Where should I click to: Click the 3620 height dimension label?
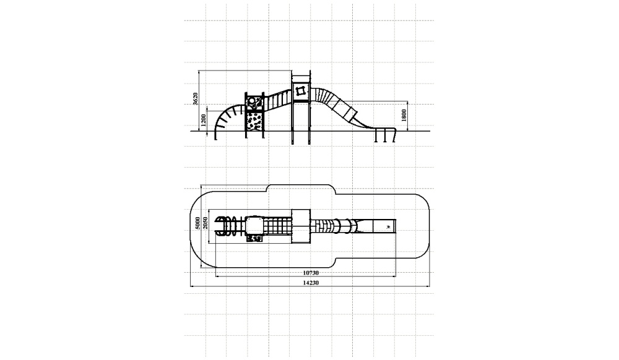(x=195, y=99)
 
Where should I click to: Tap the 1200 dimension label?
(x=203, y=120)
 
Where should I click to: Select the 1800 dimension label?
(x=404, y=115)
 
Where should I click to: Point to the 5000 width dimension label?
(x=197, y=223)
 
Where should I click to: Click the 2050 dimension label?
(x=205, y=223)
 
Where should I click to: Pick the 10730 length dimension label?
(x=311, y=272)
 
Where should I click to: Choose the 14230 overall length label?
(x=311, y=282)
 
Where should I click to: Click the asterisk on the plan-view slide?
(x=389, y=227)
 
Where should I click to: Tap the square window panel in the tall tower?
(x=301, y=91)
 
